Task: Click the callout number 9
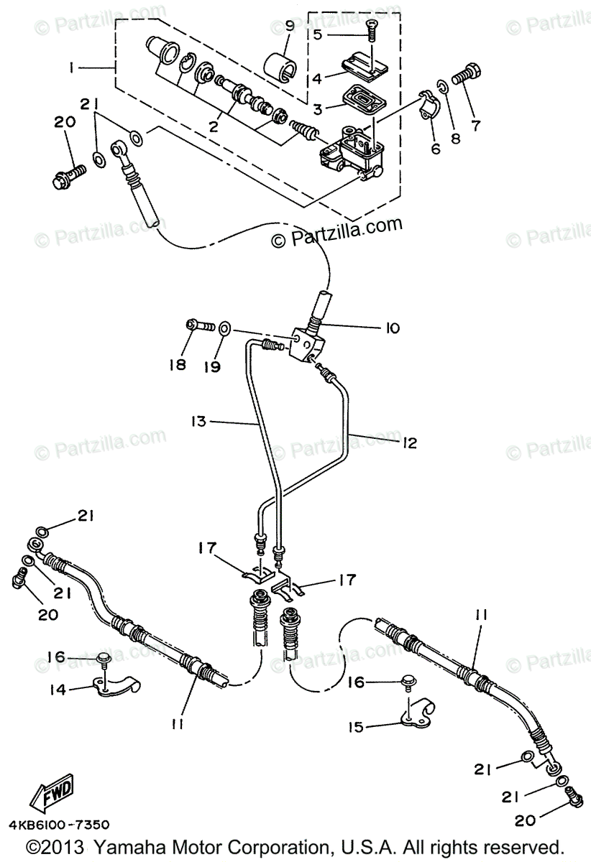coord(289,27)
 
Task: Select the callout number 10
coord(392,328)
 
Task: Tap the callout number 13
coord(198,422)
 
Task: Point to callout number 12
coord(411,443)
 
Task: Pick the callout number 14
coord(58,690)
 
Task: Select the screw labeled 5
coord(372,29)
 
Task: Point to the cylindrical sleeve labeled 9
coord(282,65)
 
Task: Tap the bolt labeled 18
coord(199,327)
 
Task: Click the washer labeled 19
coord(224,328)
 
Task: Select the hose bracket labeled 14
coord(119,685)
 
